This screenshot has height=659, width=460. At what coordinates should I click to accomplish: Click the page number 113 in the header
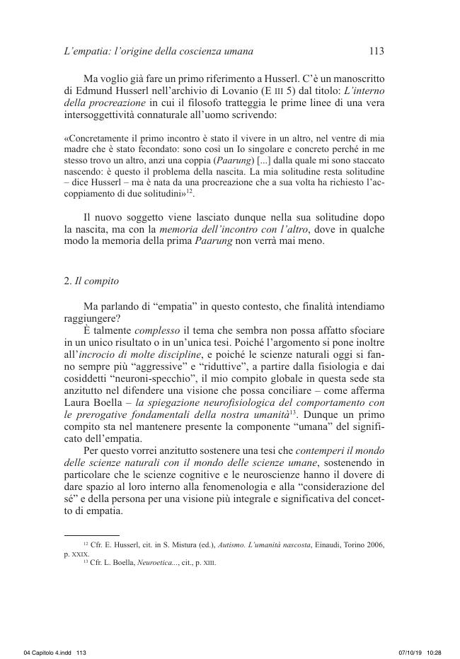pyautogui.click(x=376, y=51)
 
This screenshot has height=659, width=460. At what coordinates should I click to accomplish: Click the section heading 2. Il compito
pyautogui.click(x=91, y=281)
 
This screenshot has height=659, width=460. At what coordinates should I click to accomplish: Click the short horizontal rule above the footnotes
pyautogui.click(x=91, y=535)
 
